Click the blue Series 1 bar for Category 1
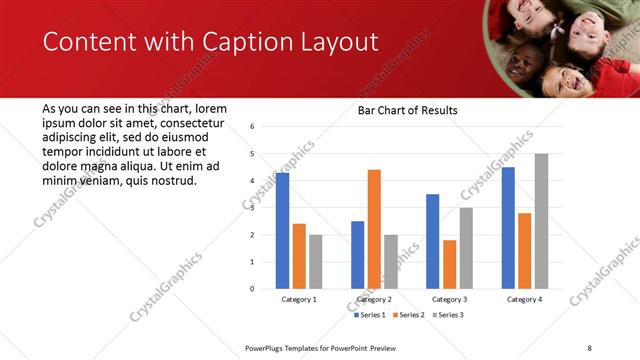283,230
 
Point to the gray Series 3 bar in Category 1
315,261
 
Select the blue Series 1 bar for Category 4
508,227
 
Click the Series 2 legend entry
409,315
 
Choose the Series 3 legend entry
447,315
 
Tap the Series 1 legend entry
371,315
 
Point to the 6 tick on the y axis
253,127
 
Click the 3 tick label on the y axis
253,208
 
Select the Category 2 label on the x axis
374,299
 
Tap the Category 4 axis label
524,299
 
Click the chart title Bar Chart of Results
407,110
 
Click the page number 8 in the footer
589,347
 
